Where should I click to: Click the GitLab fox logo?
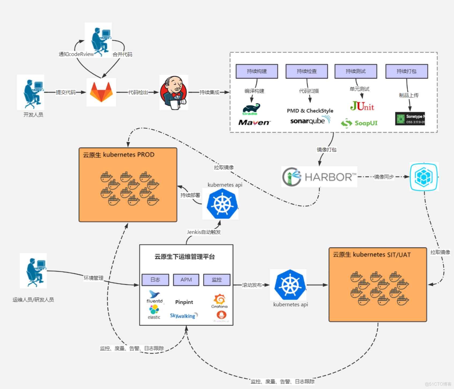(101, 92)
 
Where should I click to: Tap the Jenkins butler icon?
(174, 92)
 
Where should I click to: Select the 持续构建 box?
(257, 71)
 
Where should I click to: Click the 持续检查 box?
(307, 71)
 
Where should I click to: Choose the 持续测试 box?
(356, 71)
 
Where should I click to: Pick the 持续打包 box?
(407, 71)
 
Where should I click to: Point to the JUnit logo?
(362, 106)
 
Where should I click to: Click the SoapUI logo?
(359, 123)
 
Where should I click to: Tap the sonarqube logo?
(310, 121)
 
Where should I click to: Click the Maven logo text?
(254, 123)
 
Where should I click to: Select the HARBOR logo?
(319, 177)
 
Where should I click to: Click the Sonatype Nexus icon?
(410, 118)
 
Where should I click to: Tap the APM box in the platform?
(186, 280)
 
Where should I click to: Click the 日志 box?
(155, 280)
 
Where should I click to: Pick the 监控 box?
(217, 280)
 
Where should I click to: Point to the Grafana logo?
(219, 301)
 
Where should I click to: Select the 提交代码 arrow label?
(66, 92)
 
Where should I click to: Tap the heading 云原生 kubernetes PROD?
(118, 155)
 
